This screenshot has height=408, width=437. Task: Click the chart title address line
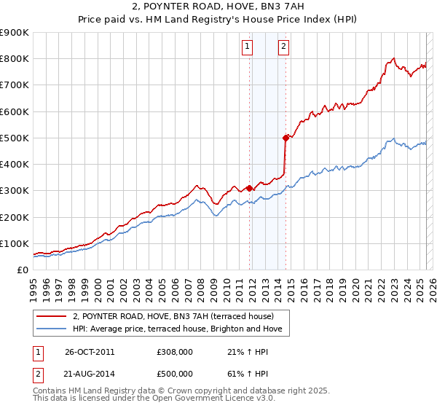pos(219,7)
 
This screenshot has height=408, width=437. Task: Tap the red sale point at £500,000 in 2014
pos(286,137)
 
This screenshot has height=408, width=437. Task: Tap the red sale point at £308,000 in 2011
pos(250,188)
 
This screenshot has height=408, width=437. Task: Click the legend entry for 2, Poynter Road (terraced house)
pos(173,316)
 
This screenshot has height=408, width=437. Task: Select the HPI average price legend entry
pos(181,329)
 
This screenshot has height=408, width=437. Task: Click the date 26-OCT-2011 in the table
pos(90,352)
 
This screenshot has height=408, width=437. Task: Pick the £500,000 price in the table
pos(176,374)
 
